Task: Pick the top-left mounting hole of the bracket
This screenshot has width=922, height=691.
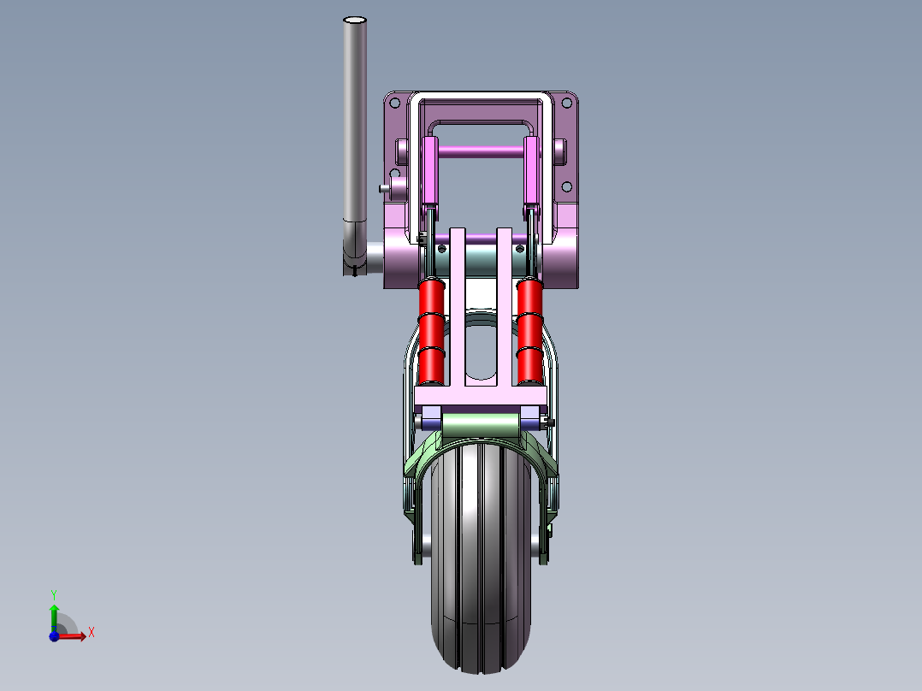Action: [394, 103]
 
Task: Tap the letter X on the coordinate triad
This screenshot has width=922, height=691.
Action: [91, 633]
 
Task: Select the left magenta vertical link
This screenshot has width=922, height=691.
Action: [430, 171]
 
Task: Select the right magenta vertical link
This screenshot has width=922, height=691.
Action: [531, 171]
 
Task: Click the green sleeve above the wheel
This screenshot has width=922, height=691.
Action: [479, 424]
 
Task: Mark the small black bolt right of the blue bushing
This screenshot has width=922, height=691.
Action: [548, 422]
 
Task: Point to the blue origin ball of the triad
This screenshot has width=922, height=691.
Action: [54, 636]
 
